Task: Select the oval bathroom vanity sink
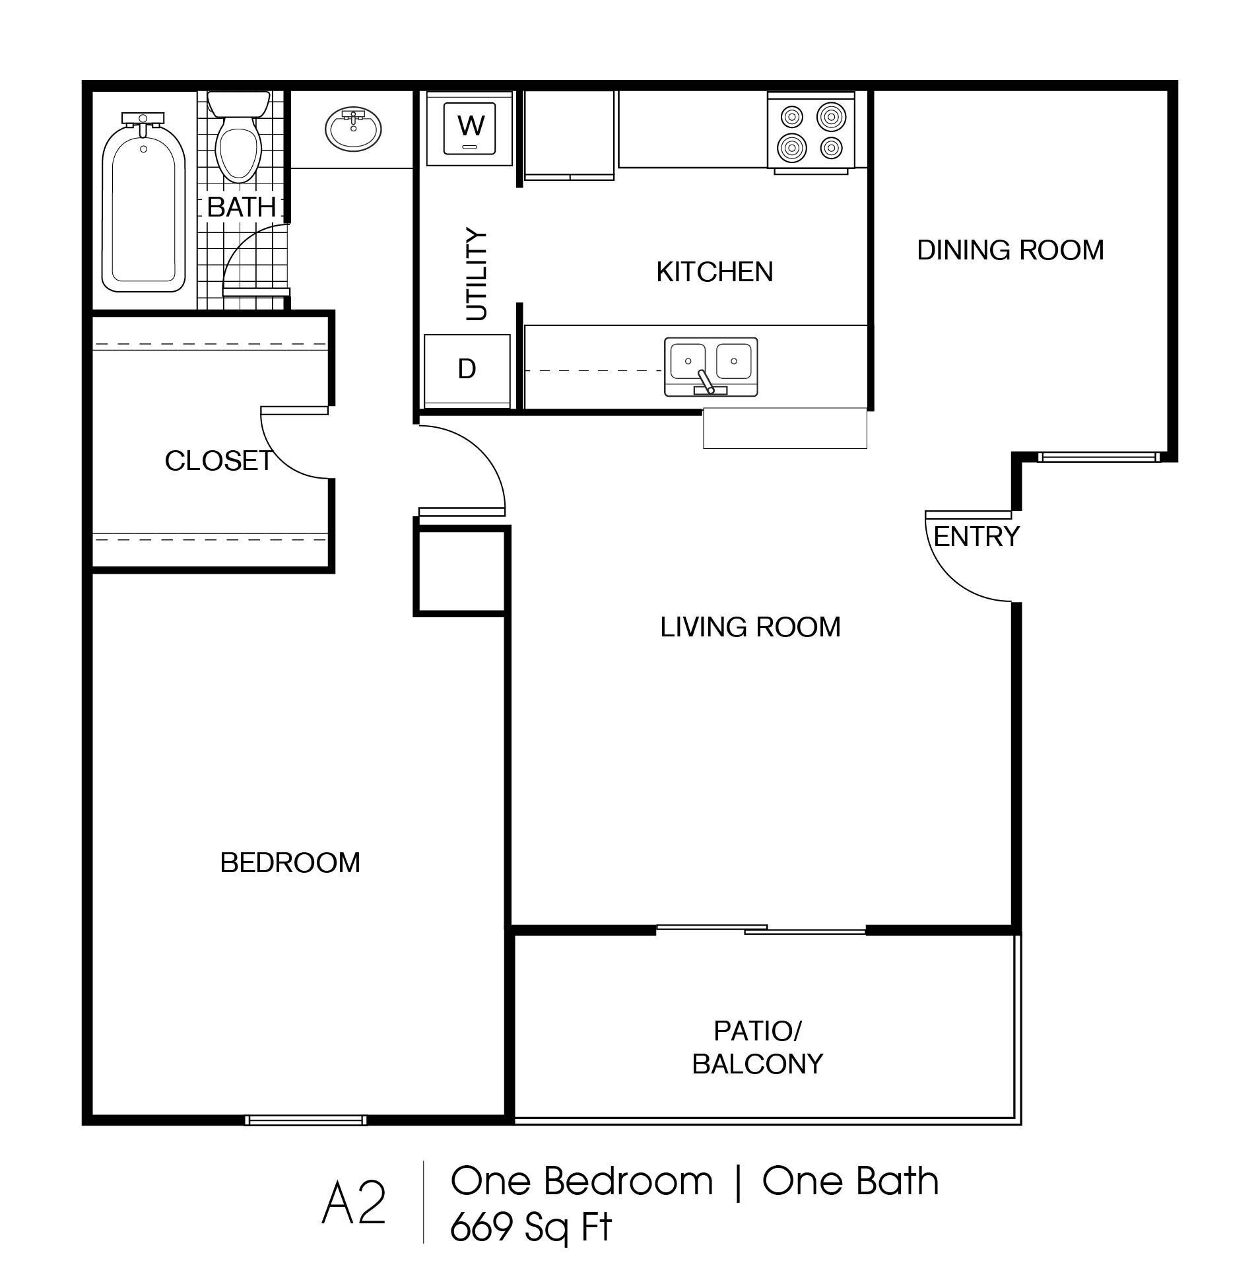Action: [353, 128]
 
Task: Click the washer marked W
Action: [470, 128]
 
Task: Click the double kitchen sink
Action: [711, 366]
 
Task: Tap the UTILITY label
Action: [477, 274]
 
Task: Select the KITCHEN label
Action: [714, 272]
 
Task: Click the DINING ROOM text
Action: [1010, 250]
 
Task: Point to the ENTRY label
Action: [976, 536]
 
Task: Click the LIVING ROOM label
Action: [750, 627]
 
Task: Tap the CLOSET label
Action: [218, 461]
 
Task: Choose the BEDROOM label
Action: [290, 862]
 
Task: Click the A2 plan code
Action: [353, 1205]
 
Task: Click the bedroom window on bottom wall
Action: [305, 1120]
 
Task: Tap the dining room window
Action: [1098, 457]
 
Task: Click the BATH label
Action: [241, 207]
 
